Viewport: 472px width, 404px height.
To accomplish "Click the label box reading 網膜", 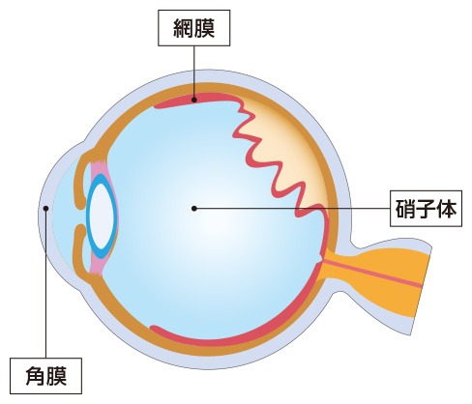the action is [x=193, y=28].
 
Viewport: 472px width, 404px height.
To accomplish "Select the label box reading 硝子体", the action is [x=426, y=209].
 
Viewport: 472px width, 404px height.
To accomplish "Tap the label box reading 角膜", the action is [x=45, y=376].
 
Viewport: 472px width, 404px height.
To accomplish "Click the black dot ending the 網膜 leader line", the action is [x=194, y=100].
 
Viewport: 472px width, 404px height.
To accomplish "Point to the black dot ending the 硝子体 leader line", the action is [x=194, y=209].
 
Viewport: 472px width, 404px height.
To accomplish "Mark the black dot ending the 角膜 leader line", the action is [x=45, y=209].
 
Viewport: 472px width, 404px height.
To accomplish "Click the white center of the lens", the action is [x=102, y=216].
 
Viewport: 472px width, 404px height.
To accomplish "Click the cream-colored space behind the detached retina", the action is [x=290, y=145].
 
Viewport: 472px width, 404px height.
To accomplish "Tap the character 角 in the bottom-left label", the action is [x=36, y=376].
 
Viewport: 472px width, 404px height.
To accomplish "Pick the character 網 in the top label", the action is [x=184, y=28].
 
